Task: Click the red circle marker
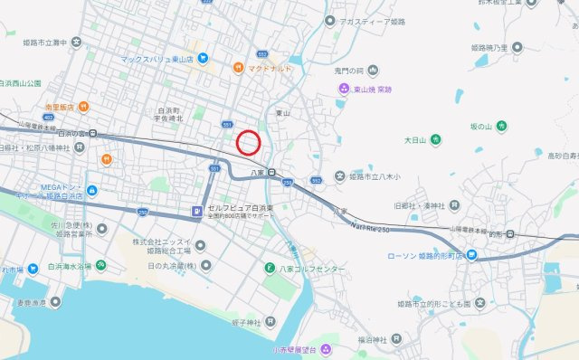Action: pyautogui.click(x=249, y=142)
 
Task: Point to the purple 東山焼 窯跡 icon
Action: pyautogui.click(x=344, y=89)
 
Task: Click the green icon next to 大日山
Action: pyautogui.click(x=435, y=139)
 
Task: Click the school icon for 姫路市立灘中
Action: pyautogui.click(x=77, y=42)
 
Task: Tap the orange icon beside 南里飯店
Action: pyautogui.click(x=82, y=106)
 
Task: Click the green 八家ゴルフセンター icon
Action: pyautogui.click(x=270, y=269)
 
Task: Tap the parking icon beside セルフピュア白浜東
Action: pyautogui.click(x=196, y=213)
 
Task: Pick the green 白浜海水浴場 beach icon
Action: pyautogui.click(x=101, y=266)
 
